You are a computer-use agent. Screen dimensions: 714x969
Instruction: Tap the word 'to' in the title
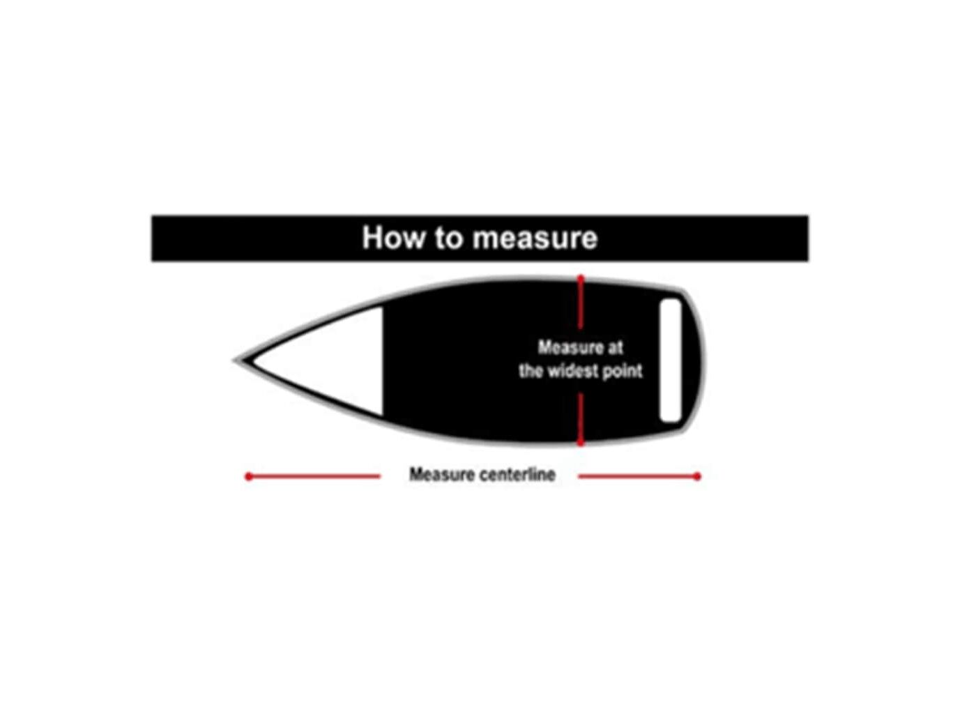[450, 238]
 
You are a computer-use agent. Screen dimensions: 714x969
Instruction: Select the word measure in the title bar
[535, 238]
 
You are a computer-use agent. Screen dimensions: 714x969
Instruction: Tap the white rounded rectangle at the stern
[669, 360]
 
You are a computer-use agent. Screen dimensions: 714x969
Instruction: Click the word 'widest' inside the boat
[572, 371]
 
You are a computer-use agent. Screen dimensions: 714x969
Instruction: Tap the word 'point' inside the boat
[623, 371]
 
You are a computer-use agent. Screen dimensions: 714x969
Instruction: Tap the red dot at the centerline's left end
[249, 476]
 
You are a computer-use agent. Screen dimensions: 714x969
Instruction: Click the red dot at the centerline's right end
[697, 476]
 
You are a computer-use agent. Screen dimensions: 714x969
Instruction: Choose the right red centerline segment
[637, 476]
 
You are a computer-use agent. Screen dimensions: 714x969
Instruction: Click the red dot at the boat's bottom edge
[581, 442]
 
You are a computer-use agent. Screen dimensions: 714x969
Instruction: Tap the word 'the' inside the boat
[531, 371]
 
